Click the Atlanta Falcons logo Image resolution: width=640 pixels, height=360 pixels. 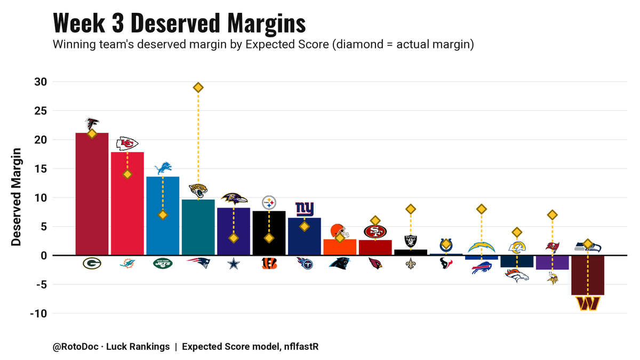92,124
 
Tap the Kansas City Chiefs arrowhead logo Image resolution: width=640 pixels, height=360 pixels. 127,143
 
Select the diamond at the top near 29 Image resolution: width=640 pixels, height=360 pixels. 198,87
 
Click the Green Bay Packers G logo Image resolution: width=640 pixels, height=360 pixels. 92,263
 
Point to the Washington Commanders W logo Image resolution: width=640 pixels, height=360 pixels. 588,303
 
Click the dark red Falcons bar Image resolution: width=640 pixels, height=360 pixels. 92,194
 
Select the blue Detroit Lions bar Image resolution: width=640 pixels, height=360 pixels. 163,216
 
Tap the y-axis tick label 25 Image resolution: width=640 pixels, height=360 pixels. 41,111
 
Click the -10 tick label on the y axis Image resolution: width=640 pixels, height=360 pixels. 38,314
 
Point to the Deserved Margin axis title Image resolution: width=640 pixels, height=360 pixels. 17,197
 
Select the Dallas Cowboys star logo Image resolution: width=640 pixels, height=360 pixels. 234,263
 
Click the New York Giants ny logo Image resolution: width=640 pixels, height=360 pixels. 305,209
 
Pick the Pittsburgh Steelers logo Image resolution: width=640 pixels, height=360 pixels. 269,203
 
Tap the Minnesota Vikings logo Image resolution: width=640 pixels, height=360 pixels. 553,278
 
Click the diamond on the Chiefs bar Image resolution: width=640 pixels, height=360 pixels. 127,174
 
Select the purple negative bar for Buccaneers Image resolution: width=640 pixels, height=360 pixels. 553,262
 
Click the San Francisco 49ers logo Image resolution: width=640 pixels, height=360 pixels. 375,231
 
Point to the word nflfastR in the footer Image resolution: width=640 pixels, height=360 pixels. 301,347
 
